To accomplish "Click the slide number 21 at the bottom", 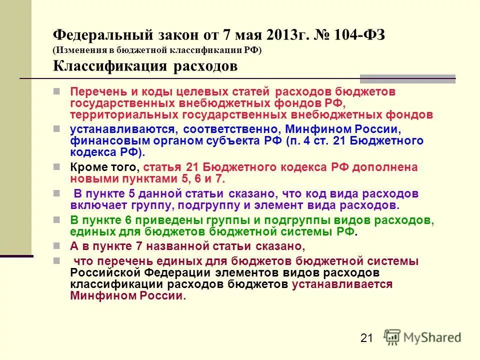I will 366,338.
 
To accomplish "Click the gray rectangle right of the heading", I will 407,78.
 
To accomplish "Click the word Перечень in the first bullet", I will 93,92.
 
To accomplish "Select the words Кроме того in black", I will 104,167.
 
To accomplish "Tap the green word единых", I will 86,231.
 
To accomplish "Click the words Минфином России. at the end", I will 128,295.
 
